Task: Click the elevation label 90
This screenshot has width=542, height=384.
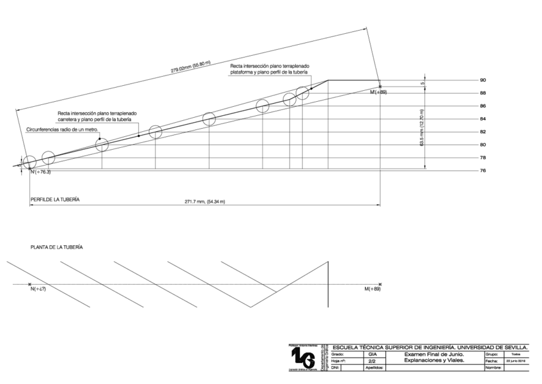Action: coord(483,80)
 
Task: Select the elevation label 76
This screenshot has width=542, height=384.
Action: coord(483,170)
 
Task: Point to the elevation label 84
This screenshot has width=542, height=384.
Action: coord(483,119)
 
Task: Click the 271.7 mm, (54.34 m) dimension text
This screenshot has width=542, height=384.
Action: coord(205,202)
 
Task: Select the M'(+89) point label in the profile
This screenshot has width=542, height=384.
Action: coord(378,93)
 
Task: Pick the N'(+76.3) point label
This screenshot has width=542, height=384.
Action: coord(40,172)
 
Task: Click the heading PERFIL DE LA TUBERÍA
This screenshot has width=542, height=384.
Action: coord(55,200)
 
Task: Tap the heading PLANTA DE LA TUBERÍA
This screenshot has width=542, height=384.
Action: coord(57,246)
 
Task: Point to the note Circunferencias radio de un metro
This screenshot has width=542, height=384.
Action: coord(61,129)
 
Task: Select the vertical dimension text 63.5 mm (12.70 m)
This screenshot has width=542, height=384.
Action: coord(422,128)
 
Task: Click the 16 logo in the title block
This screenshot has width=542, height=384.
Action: coord(303,359)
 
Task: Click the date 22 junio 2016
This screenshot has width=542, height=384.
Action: coord(516,361)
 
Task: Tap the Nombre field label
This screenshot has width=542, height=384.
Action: coord(493,368)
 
